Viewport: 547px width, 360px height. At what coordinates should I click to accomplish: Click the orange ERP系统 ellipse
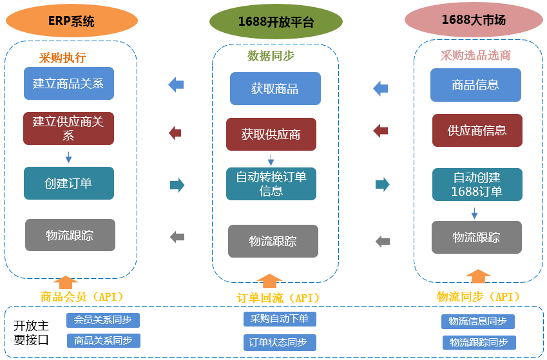coord(72,21)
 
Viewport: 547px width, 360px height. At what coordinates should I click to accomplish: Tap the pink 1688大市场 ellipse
coord(474,20)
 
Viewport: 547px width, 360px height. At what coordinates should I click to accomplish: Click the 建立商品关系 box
coord(68,83)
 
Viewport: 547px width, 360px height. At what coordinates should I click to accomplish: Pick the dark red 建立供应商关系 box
coord(68,128)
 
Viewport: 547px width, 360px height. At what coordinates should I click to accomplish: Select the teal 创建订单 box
coord(68,183)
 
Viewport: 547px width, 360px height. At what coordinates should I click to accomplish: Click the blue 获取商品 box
coord(275,88)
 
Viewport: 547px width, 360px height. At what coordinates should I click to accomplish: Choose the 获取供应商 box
coord(271,134)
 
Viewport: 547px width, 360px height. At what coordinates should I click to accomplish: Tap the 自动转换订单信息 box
coord(271,184)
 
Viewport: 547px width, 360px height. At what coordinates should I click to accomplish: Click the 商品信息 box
coord(475,84)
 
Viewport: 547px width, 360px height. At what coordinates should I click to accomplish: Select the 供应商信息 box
coord(477,130)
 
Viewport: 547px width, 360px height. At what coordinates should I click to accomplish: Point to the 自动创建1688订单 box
coord(477,184)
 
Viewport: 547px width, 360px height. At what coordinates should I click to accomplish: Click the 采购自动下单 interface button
coord(280,319)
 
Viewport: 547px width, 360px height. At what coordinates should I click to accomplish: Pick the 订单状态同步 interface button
coord(280,343)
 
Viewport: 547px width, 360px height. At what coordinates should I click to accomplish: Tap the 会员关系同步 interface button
coord(103,320)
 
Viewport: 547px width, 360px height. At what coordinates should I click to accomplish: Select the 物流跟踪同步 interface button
coord(479,343)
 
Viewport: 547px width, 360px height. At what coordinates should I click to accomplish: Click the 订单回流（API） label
coord(278,298)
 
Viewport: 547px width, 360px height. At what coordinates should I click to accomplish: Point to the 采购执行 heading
coord(62,57)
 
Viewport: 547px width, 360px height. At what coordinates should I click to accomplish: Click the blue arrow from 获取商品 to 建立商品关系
coord(176,84)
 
